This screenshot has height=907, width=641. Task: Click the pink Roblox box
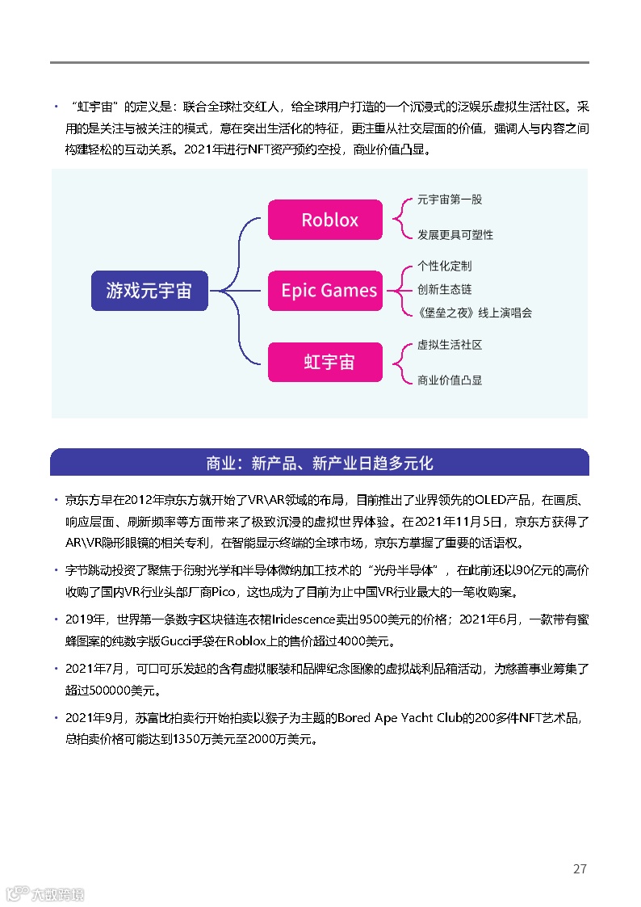click(x=325, y=220)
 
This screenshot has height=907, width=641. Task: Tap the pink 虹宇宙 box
click(x=325, y=362)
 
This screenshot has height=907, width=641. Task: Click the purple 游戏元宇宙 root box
click(x=149, y=291)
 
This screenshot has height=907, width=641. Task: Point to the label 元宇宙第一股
click(x=450, y=199)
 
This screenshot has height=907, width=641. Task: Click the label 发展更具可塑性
click(x=455, y=235)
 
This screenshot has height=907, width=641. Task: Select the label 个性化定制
click(x=444, y=266)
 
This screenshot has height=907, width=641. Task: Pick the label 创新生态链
click(x=444, y=289)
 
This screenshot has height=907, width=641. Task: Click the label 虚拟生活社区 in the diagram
click(x=450, y=345)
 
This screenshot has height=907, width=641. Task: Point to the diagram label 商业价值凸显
click(x=450, y=380)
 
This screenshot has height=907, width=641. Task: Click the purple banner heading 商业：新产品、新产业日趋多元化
click(x=320, y=463)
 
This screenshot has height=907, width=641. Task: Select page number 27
click(x=580, y=869)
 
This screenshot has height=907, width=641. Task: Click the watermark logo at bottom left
click(x=45, y=893)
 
